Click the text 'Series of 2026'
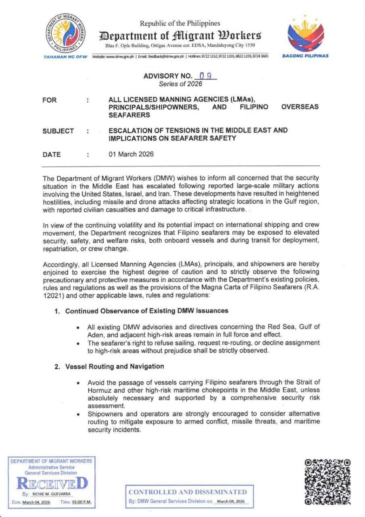(180, 84)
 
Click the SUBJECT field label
(58, 131)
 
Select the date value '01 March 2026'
(131, 154)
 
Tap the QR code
(327, 481)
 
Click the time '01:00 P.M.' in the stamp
(82, 502)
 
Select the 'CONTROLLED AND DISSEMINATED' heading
(188, 492)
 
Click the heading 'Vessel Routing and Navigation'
(115, 366)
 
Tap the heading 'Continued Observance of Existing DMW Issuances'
(142, 311)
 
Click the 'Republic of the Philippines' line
(180, 23)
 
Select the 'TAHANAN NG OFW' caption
(65, 56)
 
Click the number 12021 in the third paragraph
(52, 297)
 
